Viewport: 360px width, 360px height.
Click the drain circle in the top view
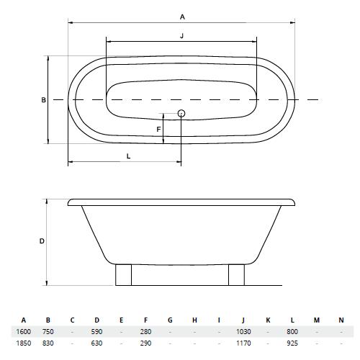[x=181, y=113]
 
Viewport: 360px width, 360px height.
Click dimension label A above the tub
[x=182, y=17]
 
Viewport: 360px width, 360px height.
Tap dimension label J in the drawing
[x=181, y=36]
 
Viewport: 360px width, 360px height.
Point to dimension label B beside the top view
[x=43, y=100]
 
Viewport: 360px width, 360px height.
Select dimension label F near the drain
[x=158, y=130]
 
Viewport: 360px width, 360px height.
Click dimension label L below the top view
[x=128, y=156]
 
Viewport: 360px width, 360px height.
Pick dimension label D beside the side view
[x=42, y=241]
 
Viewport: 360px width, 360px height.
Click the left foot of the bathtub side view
[x=123, y=275]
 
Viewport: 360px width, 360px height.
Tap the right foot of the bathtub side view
[x=236, y=275]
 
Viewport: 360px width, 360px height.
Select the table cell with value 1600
[x=23, y=332]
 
